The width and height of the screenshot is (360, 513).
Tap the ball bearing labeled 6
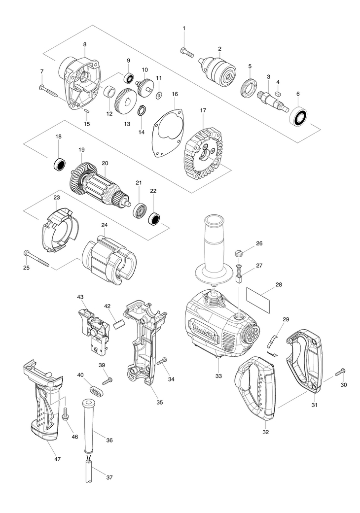click(298, 116)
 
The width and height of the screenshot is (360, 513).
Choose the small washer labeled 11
click(159, 95)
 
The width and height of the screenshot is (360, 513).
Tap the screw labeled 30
click(340, 373)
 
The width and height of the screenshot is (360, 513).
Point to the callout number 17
click(203, 110)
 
